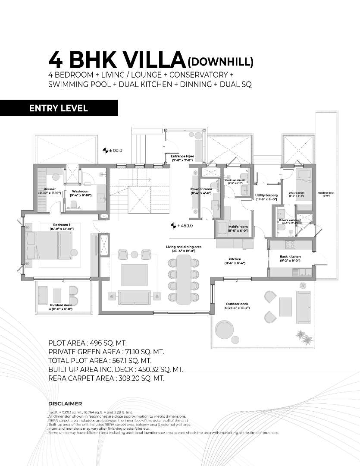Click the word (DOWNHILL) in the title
pyautogui.click(x=219, y=62)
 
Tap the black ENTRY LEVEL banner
pyautogui.click(x=59, y=108)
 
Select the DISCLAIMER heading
pyautogui.click(x=65, y=404)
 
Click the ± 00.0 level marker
pyautogui.click(x=113, y=151)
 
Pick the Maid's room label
pyautogui.click(x=238, y=229)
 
